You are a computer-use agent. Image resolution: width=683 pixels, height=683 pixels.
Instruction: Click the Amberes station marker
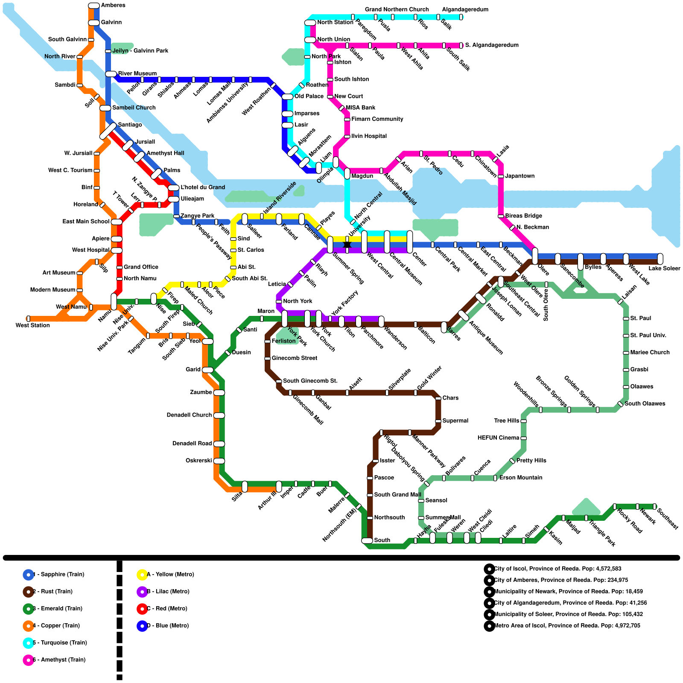94,6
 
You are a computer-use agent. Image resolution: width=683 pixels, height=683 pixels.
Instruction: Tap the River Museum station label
137,73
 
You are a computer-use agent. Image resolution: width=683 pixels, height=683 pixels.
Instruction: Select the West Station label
33,325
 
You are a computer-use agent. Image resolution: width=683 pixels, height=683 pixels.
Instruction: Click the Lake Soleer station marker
660,259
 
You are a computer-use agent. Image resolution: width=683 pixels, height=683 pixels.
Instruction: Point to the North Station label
335,22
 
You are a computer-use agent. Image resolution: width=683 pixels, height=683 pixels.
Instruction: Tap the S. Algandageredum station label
492,45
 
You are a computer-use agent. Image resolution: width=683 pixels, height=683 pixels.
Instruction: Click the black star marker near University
347,245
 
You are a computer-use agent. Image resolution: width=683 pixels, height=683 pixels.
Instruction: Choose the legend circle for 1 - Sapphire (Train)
28,575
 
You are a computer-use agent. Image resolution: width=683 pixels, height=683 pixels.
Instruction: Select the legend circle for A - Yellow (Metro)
142,575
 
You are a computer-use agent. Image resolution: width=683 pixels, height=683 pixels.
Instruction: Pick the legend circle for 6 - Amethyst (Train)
28,660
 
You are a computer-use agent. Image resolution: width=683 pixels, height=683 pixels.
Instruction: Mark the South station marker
367,540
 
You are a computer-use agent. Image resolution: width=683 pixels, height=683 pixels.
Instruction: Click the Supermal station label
455,421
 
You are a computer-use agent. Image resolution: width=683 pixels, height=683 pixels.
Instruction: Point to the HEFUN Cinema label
498,438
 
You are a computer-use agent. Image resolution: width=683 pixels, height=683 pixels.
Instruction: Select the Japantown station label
520,176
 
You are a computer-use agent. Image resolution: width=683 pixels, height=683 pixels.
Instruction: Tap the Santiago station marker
108,131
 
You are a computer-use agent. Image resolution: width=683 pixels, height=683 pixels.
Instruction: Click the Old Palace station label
309,96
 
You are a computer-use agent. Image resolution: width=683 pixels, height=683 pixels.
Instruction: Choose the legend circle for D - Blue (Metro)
142,626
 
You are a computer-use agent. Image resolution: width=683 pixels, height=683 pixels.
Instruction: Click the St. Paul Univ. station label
648,336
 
